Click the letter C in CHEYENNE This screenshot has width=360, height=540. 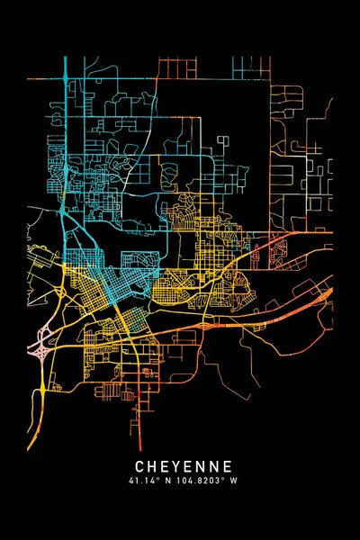click(140, 466)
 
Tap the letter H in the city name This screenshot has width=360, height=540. click(153, 466)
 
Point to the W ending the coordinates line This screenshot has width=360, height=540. click(234, 481)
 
